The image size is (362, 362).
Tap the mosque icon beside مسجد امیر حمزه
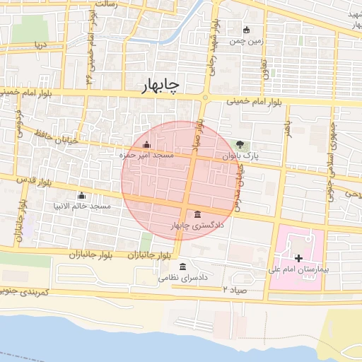(x=146, y=146)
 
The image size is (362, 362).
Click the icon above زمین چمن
(x=246, y=30)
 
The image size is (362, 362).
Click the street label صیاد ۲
(x=236, y=290)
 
